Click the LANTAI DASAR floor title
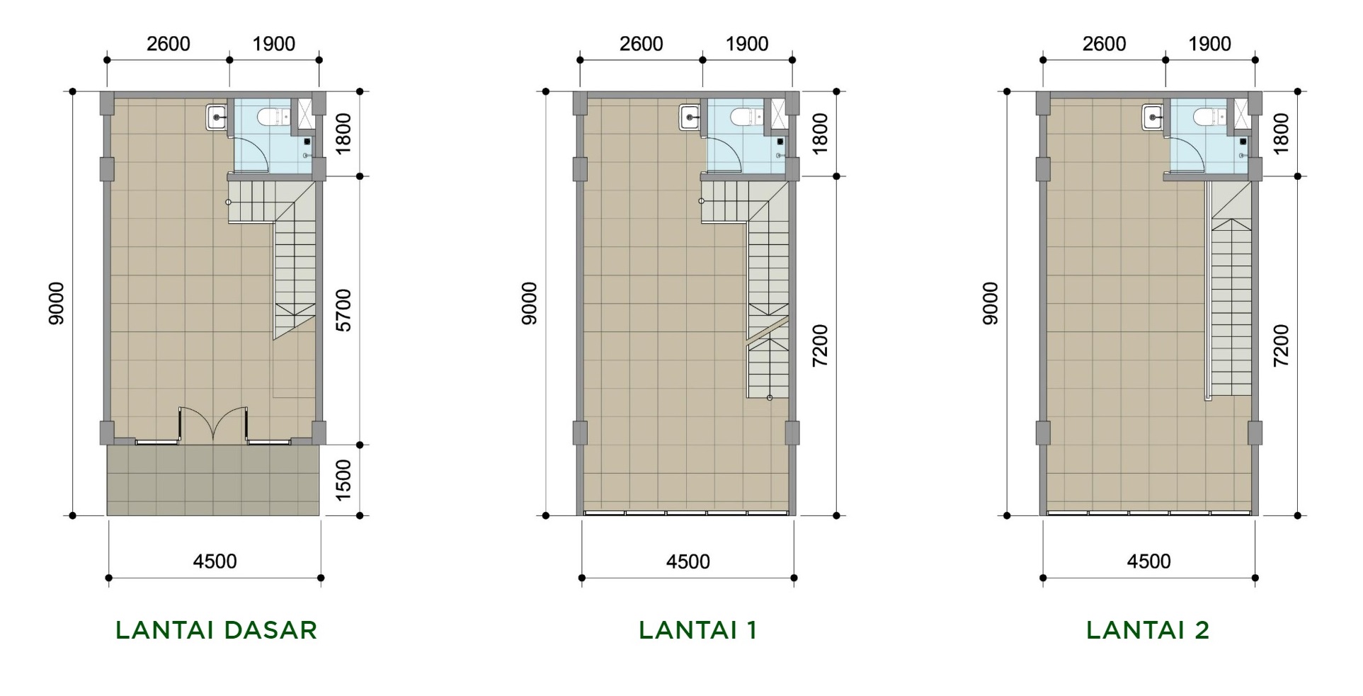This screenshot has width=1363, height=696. [x=216, y=629]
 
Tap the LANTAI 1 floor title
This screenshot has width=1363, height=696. [x=698, y=629]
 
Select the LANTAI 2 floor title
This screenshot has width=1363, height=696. [x=1148, y=629]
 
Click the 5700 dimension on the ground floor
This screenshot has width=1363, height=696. [x=343, y=310]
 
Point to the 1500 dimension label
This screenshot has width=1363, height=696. [x=343, y=480]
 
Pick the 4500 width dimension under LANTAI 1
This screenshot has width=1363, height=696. [x=688, y=561]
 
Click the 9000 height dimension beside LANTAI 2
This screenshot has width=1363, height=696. [x=990, y=304]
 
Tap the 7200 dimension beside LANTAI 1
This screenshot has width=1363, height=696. [x=820, y=346]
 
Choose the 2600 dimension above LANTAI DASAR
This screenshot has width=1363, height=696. [x=169, y=44]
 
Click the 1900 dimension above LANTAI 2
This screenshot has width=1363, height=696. [x=1209, y=44]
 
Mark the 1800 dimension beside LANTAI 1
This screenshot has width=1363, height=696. [x=820, y=134]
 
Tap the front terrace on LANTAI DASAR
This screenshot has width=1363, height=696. [x=214, y=480]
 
